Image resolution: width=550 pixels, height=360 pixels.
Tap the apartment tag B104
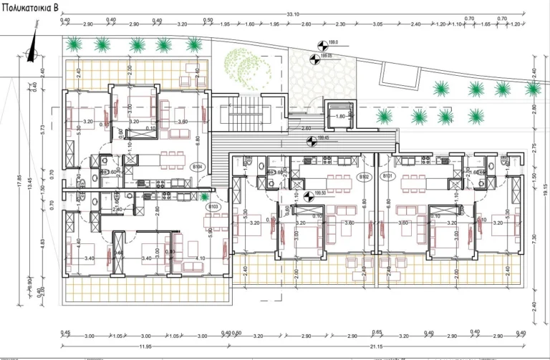[x=199, y=167]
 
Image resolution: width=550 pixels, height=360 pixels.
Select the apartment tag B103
[x=213, y=207]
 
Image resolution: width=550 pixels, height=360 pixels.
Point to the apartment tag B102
[x=364, y=175]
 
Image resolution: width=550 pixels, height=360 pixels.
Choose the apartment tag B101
[x=387, y=175]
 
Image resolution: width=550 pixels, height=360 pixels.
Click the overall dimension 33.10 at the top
[x=292, y=14]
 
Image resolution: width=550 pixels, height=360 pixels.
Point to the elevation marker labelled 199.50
[x=309, y=192]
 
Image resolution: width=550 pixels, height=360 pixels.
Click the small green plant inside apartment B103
[x=206, y=196]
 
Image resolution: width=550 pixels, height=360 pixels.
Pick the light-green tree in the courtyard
[x=247, y=69]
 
